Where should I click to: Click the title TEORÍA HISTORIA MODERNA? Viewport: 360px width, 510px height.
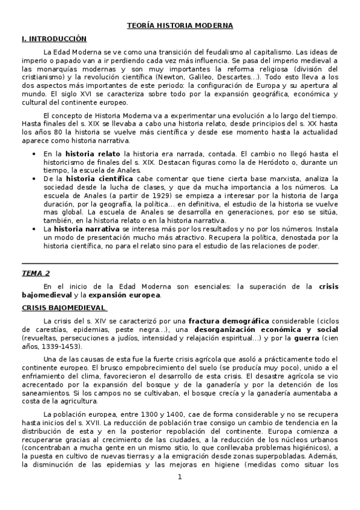(180, 26)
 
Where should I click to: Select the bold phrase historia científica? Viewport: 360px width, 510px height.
(99, 179)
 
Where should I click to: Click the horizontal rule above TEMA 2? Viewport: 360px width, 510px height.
(180, 263)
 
